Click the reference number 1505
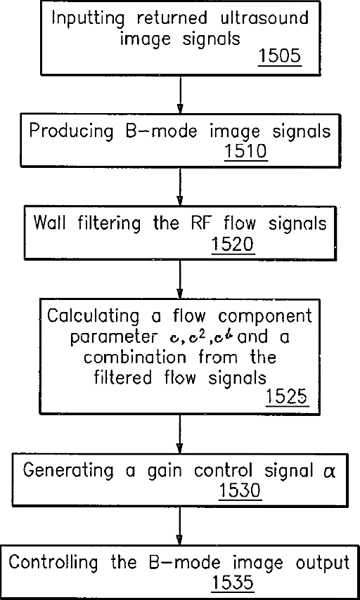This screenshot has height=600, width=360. point(280,57)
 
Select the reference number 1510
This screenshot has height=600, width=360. point(245,152)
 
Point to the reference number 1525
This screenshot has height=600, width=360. point(286,397)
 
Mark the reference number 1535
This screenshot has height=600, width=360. point(233,584)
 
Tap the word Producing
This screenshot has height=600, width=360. point(71,132)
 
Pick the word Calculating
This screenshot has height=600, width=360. point(93,318)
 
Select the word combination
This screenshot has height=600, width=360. point(139,357)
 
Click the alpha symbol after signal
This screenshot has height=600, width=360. point(328,472)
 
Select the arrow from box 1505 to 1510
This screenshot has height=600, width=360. point(179,93)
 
